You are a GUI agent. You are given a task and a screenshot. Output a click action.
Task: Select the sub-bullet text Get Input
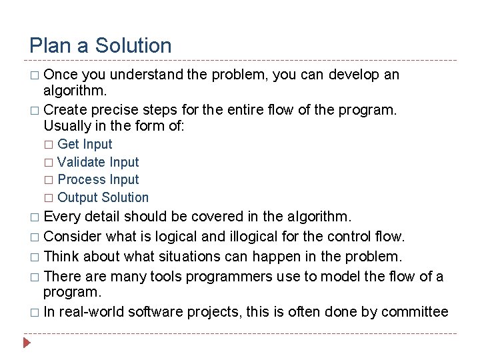(x=85, y=144)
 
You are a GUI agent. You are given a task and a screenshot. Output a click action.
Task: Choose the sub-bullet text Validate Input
(x=98, y=162)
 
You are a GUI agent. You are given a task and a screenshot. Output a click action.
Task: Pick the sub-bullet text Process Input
(x=98, y=179)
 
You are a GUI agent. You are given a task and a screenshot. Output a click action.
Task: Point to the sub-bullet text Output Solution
(x=103, y=197)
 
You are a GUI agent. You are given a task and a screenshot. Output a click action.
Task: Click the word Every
(x=62, y=217)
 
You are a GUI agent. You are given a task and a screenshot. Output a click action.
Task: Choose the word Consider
(x=72, y=236)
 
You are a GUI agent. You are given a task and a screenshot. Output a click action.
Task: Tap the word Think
(x=62, y=256)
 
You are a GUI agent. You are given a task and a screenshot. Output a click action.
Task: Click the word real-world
(x=92, y=311)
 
